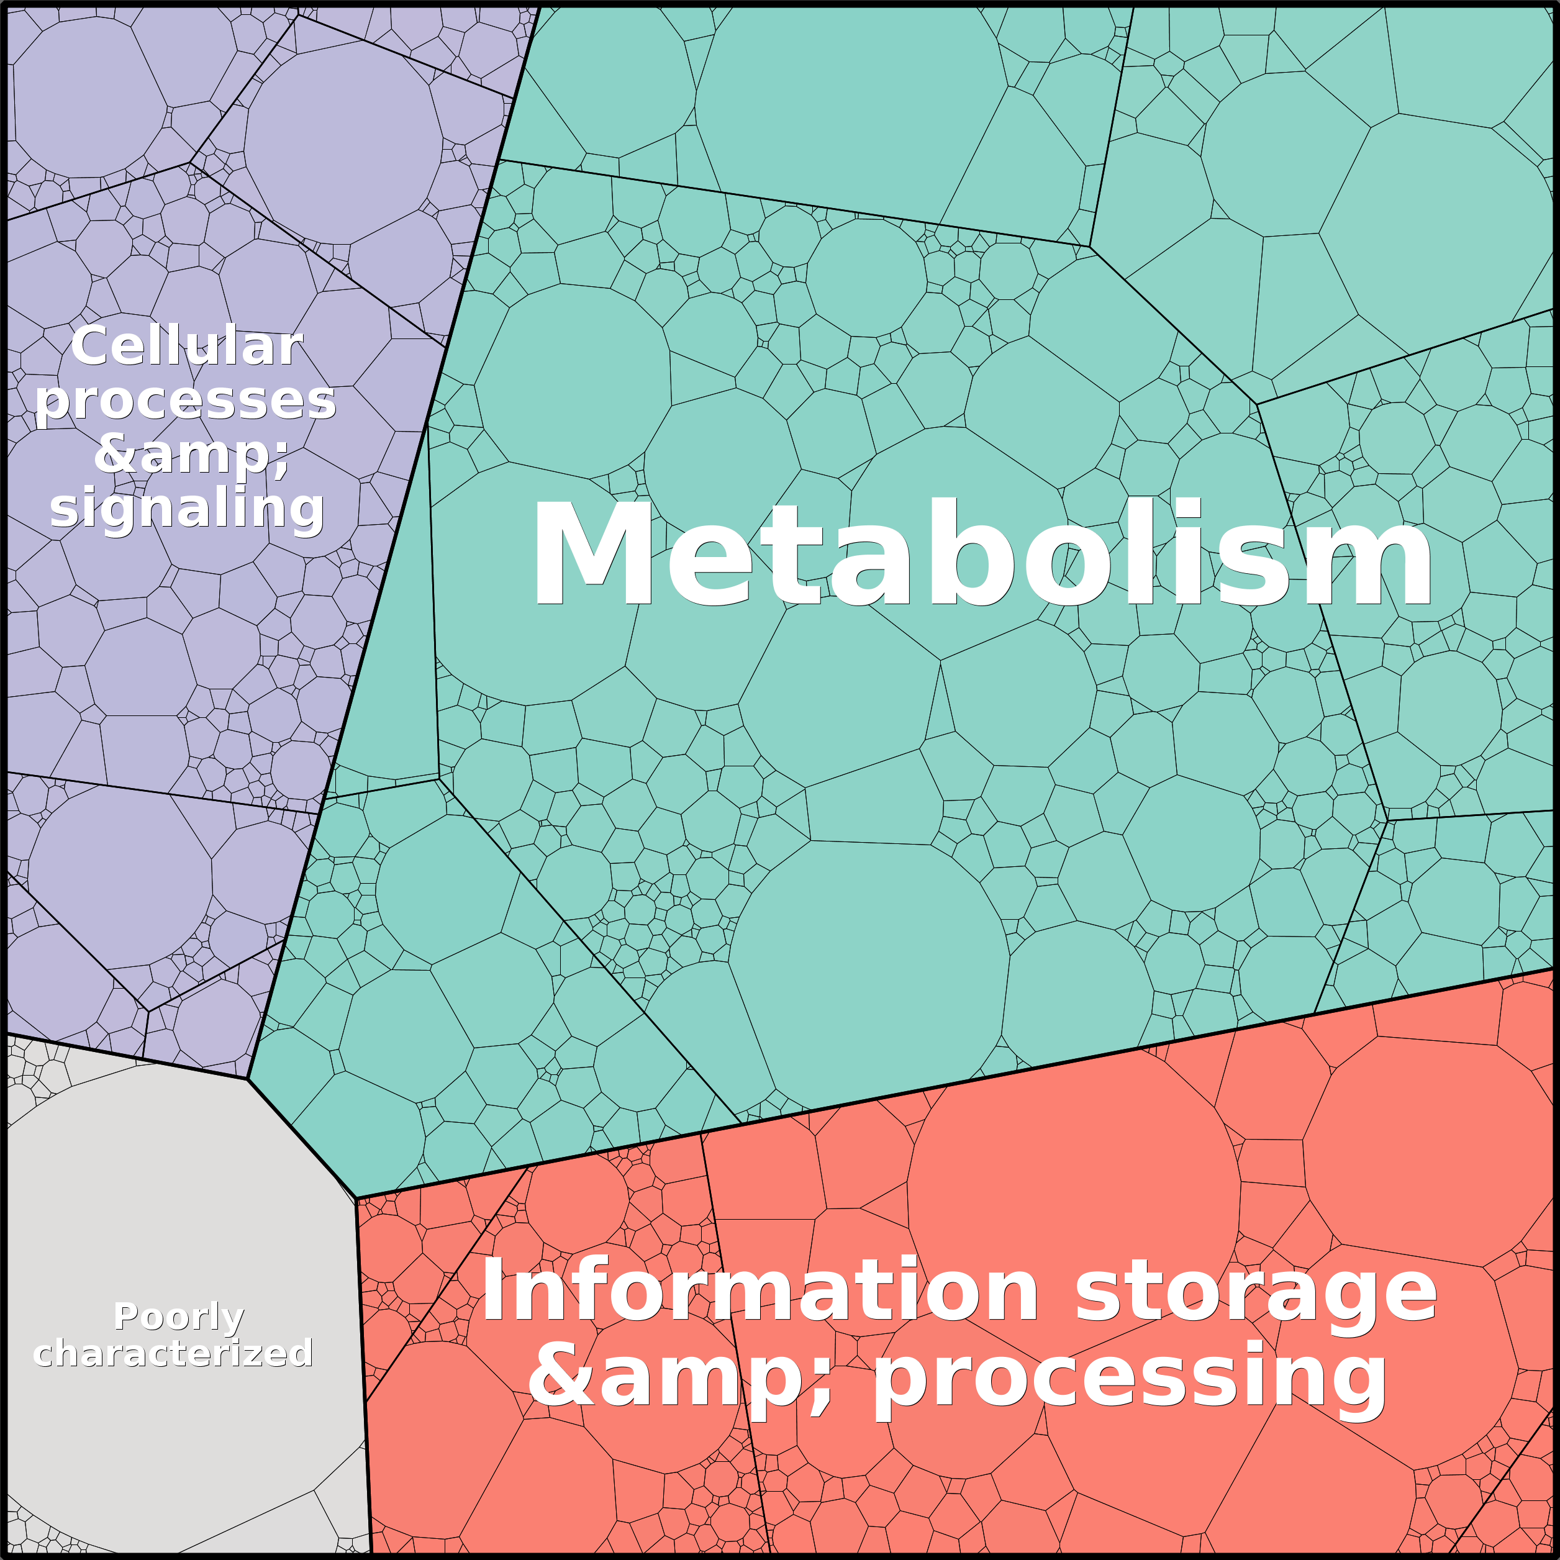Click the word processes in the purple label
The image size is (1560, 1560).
click(185, 401)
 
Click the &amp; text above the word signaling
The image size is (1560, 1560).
click(191, 455)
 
